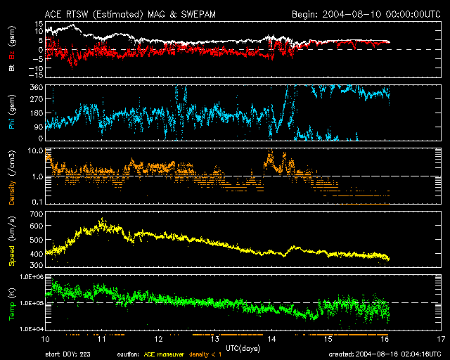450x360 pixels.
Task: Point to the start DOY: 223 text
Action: click(70, 354)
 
